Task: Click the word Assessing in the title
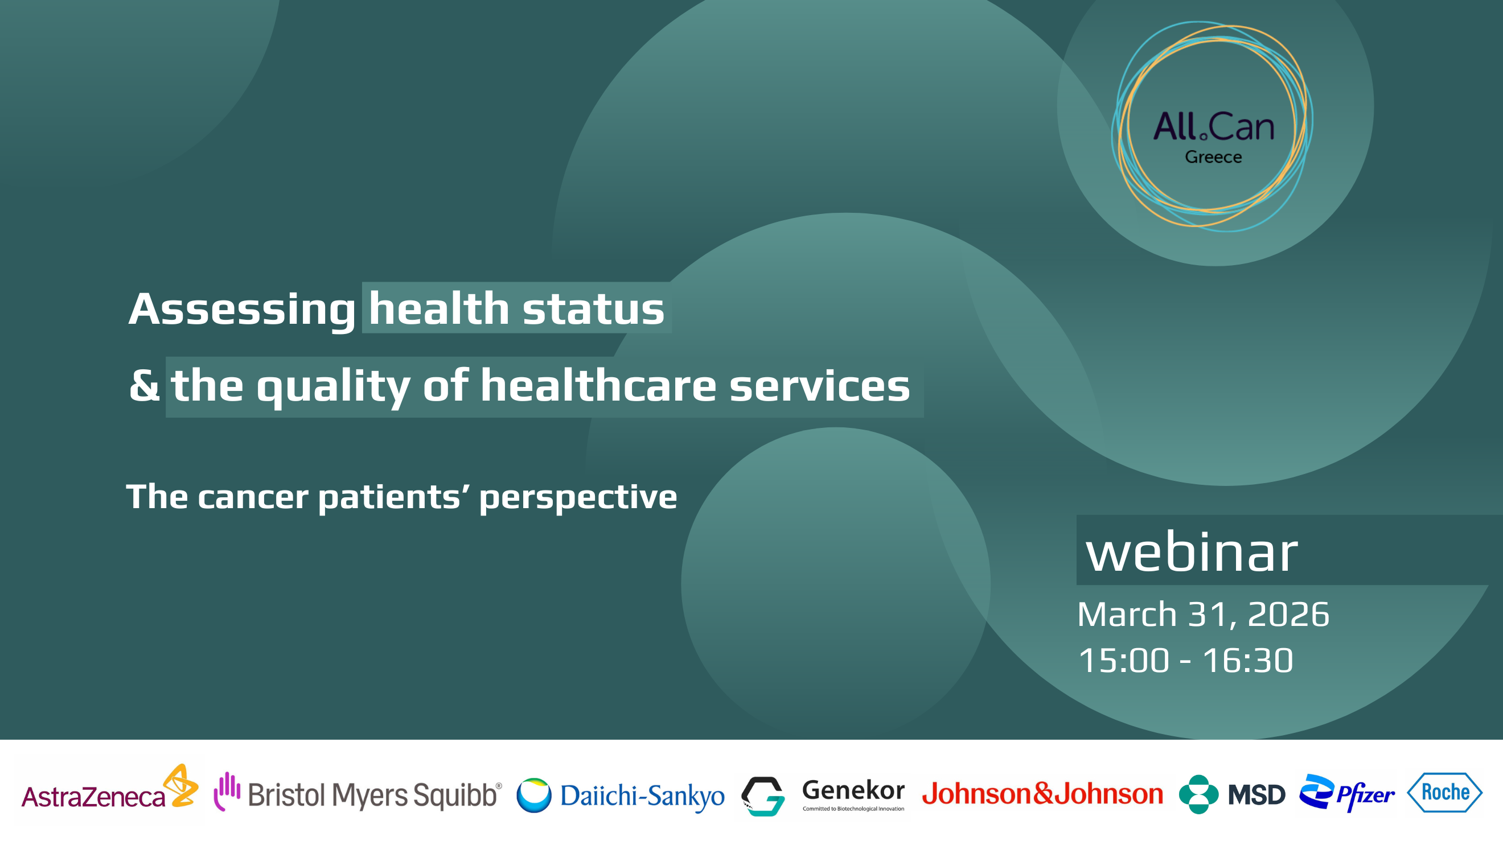(x=241, y=310)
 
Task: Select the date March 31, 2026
(x=1203, y=614)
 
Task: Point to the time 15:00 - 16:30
(x=1185, y=660)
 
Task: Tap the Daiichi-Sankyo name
(x=642, y=796)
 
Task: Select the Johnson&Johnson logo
(x=1042, y=794)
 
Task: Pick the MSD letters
(x=1256, y=795)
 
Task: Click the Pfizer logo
(x=1346, y=793)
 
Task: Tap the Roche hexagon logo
(x=1445, y=793)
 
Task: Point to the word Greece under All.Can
(x=1213, y=157)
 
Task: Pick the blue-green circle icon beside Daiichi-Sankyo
(x=534, y=795)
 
